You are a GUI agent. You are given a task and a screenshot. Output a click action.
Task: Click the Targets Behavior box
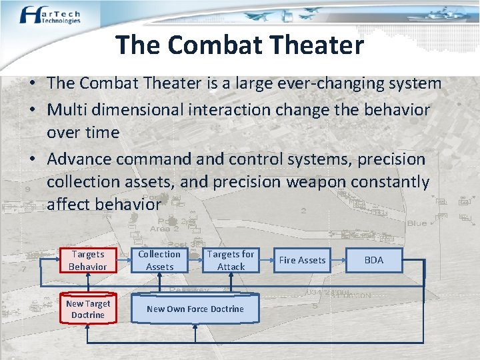pos(87,261)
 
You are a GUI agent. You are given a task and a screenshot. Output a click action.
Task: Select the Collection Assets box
pos(159,261)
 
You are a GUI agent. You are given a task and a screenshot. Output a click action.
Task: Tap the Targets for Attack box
pos(231,261)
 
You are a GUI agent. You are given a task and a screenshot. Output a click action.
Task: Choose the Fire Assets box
pos(302,261)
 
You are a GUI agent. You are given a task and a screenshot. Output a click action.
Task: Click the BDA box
pos(374,261)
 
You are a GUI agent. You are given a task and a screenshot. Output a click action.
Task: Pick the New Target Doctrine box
pos(87,309)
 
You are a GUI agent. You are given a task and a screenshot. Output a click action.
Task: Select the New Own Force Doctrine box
pos(195,309)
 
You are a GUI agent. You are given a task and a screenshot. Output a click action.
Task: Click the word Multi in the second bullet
pos(69,109)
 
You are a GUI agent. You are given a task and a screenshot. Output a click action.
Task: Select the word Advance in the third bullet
pos(79,159)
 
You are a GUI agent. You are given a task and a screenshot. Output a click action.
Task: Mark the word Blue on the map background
pos(417,223)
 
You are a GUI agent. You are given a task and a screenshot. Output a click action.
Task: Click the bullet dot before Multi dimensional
pos(32,110)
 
